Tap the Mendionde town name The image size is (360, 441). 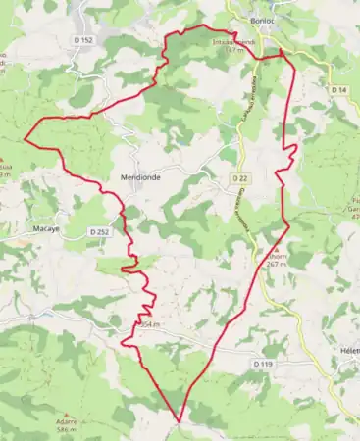pyautogui.click(x=139, y=177)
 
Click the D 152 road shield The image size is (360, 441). pyautogui.click(x=82, y=39)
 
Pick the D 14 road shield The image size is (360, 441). pyautogui.click(x=338, y=90)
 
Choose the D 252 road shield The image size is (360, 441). pyautogui.click(x=100, y=231)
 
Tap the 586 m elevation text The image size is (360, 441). pyautogui.click(x=67, y=430)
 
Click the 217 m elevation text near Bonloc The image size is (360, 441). pyautogui.click(x=234, y=49)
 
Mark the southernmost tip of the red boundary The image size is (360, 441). pyautogui.click(x=180, y=421)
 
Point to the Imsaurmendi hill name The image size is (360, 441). pyautogui.click(x=233, y=42)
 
